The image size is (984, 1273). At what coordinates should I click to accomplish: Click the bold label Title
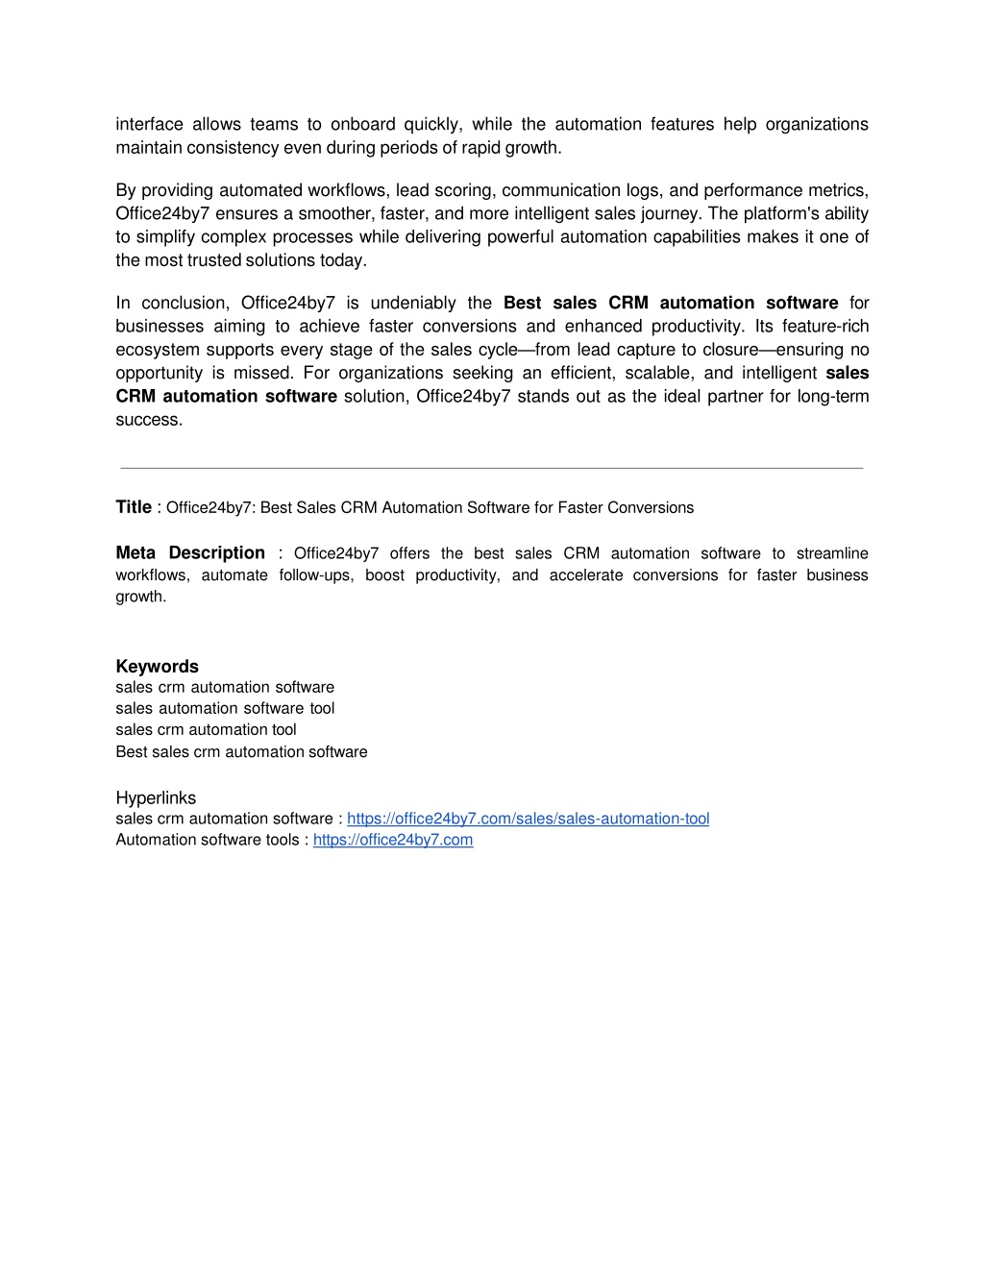tap(134, 507)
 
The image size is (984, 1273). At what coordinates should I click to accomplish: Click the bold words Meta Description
tap(190, 552)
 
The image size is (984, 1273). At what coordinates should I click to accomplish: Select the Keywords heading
tap(157, 666)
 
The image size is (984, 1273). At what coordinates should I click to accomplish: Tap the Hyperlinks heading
tap(156, 797)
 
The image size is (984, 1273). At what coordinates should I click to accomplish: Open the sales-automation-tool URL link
tap(528, 819)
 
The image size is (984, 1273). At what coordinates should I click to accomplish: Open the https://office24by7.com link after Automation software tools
tap(393, 840)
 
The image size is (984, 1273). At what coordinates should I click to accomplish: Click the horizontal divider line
tap(492, 468)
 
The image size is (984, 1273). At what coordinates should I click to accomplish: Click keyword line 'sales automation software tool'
tap(225, 708)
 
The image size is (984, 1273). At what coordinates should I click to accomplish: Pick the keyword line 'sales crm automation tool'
tap(206, 729)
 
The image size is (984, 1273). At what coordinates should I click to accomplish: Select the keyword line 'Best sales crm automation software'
tap(241, 751)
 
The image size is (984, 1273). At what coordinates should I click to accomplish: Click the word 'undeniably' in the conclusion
tap(413, 303)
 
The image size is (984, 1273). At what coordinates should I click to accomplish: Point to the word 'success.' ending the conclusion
tap(149, 420)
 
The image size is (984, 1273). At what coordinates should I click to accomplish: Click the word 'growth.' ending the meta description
tap(141, 597)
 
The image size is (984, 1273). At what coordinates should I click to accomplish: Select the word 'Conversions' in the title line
tap(651, 507)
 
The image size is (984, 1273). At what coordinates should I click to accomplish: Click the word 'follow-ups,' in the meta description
tap(316, 575)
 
